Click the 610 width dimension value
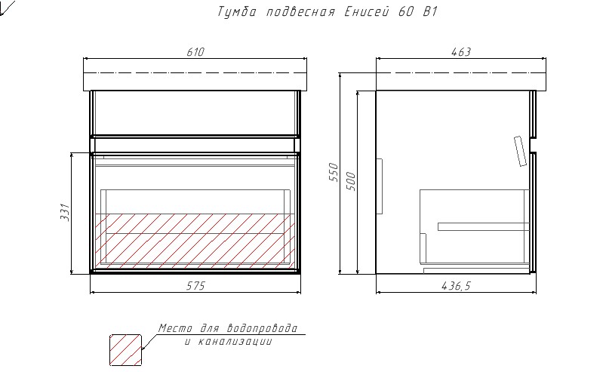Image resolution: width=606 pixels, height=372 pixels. tap(195, 52)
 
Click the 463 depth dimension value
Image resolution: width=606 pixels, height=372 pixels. tap(461, 52)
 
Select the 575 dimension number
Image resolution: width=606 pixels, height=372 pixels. tap(195, 286)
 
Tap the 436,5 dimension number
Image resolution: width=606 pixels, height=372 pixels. tap(456, 286)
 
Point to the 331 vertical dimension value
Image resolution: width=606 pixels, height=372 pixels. tap(65, 212)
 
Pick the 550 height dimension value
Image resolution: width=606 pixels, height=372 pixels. tap(333, 172)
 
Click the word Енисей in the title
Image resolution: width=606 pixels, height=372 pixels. tap(366, 11)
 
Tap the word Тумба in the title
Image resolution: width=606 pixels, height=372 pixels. tap(236, 11)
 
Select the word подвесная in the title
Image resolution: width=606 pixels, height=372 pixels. tap(300, 12)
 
